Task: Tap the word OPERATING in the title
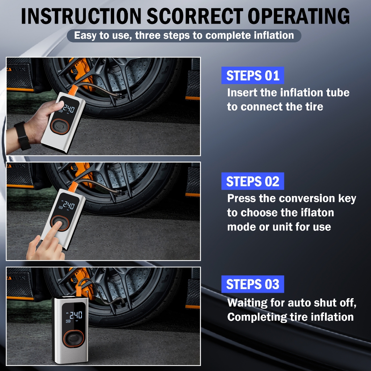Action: [299, 16]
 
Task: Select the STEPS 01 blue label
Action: [253, 75]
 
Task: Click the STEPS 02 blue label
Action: [253, 181]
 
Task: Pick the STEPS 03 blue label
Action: [253, 284]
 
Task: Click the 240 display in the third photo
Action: [76, 315]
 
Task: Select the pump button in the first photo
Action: [59, 126]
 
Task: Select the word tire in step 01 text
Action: [314, 107]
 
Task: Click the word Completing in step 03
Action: [257, 317]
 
